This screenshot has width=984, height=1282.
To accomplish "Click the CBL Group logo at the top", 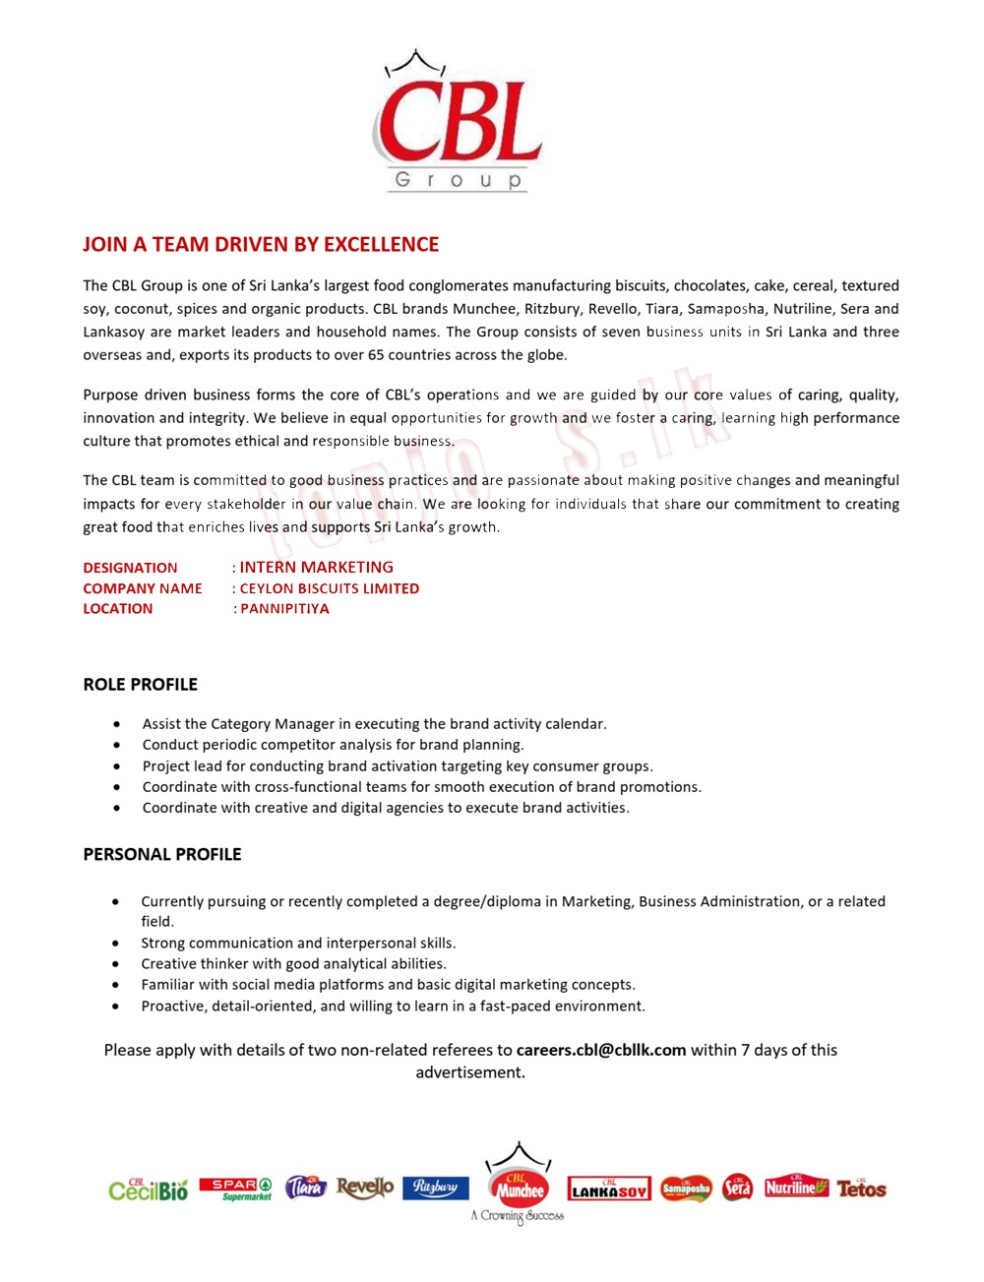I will pos(459,124).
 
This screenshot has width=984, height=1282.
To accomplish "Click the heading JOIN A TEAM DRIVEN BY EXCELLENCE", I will pos(261,244).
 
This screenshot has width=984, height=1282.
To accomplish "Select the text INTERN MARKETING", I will pos(316,567).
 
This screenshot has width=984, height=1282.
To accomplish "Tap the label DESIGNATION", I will pos(130,568).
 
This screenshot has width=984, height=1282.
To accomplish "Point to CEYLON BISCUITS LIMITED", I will pos(330,588).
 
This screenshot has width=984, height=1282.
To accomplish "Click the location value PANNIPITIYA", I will pos(285,609).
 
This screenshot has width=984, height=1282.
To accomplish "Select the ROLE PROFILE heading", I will pos(140,685).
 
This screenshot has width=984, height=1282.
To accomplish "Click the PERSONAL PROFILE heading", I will pos(161,854).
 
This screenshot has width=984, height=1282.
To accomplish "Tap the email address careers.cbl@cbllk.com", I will pos(601,1050).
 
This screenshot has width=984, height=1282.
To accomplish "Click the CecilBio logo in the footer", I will pos(149,1190).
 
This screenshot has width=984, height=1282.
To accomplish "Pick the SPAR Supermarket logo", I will pos(235,1189).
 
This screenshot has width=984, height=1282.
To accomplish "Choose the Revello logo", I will pos(364,1188).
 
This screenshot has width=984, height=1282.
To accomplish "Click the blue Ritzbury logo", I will pos(435,1188).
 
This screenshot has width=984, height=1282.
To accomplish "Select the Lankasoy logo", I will pos(609,1190).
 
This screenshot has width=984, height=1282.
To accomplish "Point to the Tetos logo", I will pos(861,1189).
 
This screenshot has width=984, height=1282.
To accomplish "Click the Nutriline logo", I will pos(796,1187).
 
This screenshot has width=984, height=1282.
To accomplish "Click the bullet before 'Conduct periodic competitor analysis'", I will pos(117,746).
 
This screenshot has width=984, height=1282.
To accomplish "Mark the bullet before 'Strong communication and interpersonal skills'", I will pos(116,944).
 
